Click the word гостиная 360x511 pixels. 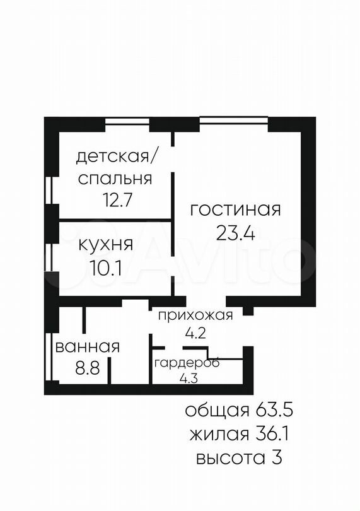click(235, 210)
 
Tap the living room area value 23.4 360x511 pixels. click(235, 234)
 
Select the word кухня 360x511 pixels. click(105, 244)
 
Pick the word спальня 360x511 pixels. click(115, 178)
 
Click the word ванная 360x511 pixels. click(88, 346)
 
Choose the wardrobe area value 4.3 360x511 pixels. click(187, 379)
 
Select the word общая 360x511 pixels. click(213, 411)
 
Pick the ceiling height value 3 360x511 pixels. click(276, 457)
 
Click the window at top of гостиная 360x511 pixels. click(233, 119)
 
